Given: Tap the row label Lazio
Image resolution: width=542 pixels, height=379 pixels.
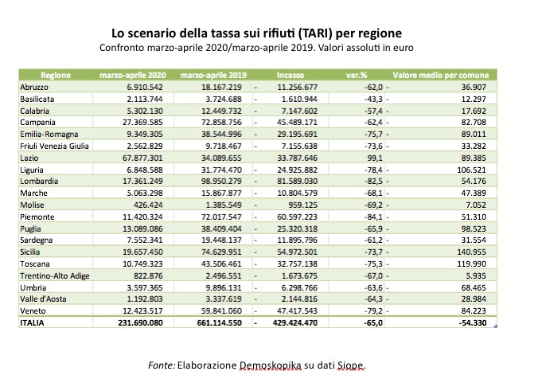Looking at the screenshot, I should point(28,158).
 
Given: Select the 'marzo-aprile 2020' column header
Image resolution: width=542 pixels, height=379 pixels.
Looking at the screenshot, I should point(132,73).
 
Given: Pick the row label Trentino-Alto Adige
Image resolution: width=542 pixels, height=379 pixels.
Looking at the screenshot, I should point(53,272).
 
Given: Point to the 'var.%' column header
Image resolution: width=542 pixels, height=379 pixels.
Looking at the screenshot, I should point(355,73).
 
